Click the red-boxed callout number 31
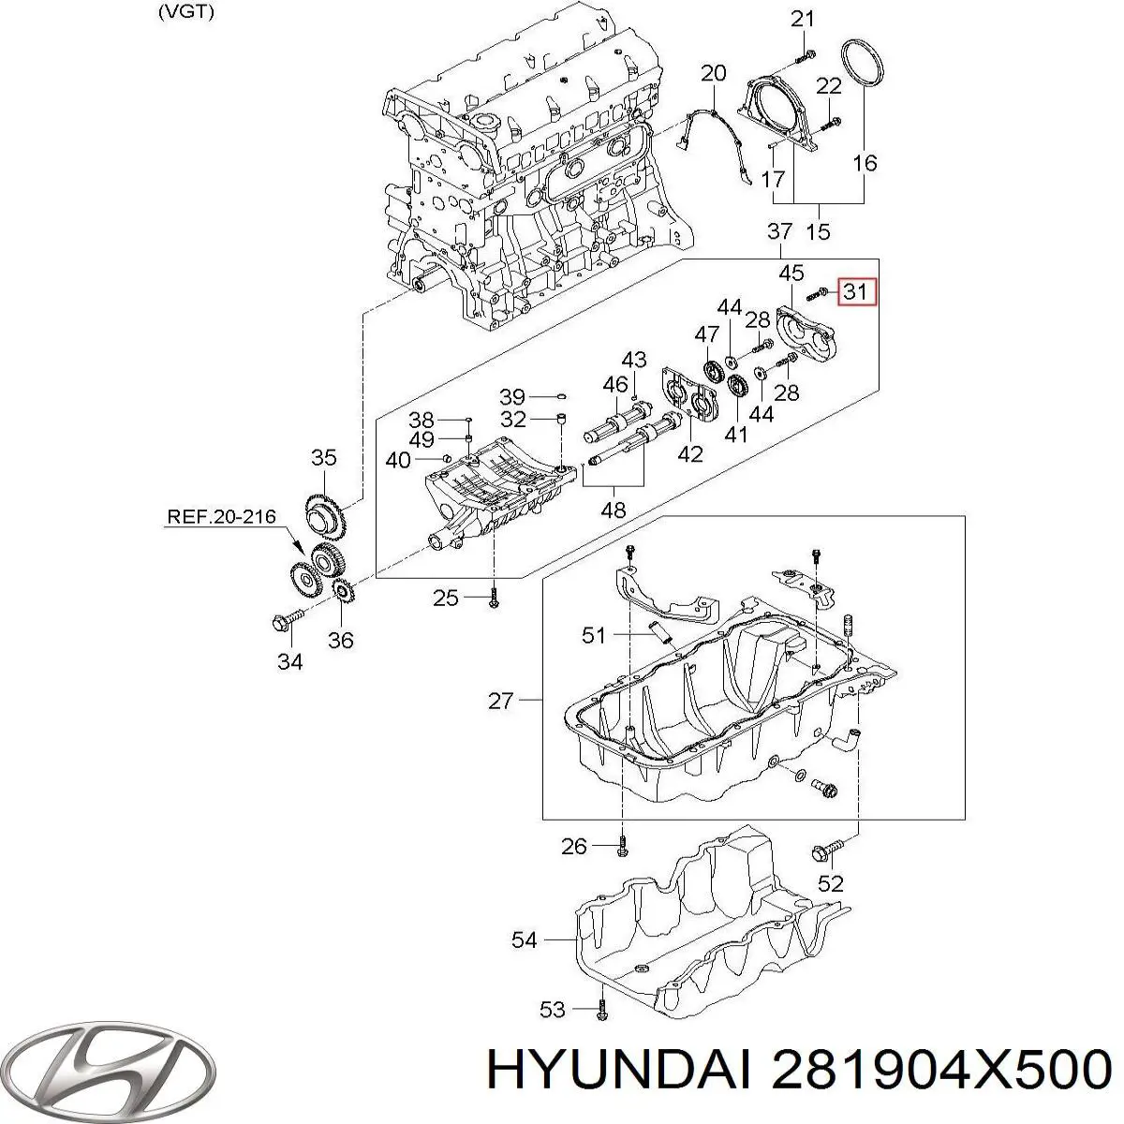click(854, 291)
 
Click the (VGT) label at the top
click(186, 13)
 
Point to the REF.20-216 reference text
click(223, 515)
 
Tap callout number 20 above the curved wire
click(713, 73)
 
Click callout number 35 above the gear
click(323, 458)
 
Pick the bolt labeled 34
click(287, 618)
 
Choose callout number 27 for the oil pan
click(501, 700)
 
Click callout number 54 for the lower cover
click(525, 939)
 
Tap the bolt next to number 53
click(600, 1009)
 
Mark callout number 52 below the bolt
click(831, 883)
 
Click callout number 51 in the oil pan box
click(594, 636)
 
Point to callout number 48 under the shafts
click(614, 510)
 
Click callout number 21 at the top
click(803, 18)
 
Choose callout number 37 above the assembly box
click(779, 230)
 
